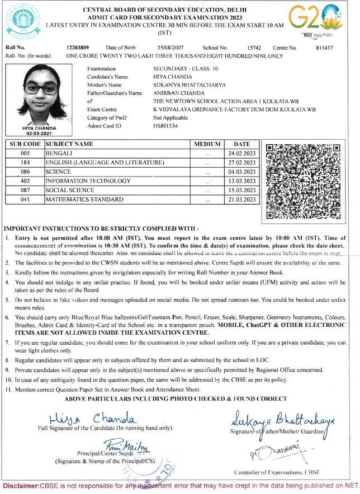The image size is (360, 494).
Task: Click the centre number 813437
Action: click(324, 49)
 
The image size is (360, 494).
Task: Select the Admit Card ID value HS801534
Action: click(165, 126)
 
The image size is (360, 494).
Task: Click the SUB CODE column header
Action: click(24, 144)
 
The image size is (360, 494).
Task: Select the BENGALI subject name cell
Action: click(117, 153)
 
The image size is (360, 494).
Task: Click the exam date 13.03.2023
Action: click(241, 180)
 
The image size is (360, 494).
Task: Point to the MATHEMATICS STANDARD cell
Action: click(117, 199)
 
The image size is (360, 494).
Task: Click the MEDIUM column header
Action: click(207, 144)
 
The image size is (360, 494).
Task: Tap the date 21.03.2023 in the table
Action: click(241, 199)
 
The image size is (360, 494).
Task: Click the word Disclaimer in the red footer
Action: click(21, 486)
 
